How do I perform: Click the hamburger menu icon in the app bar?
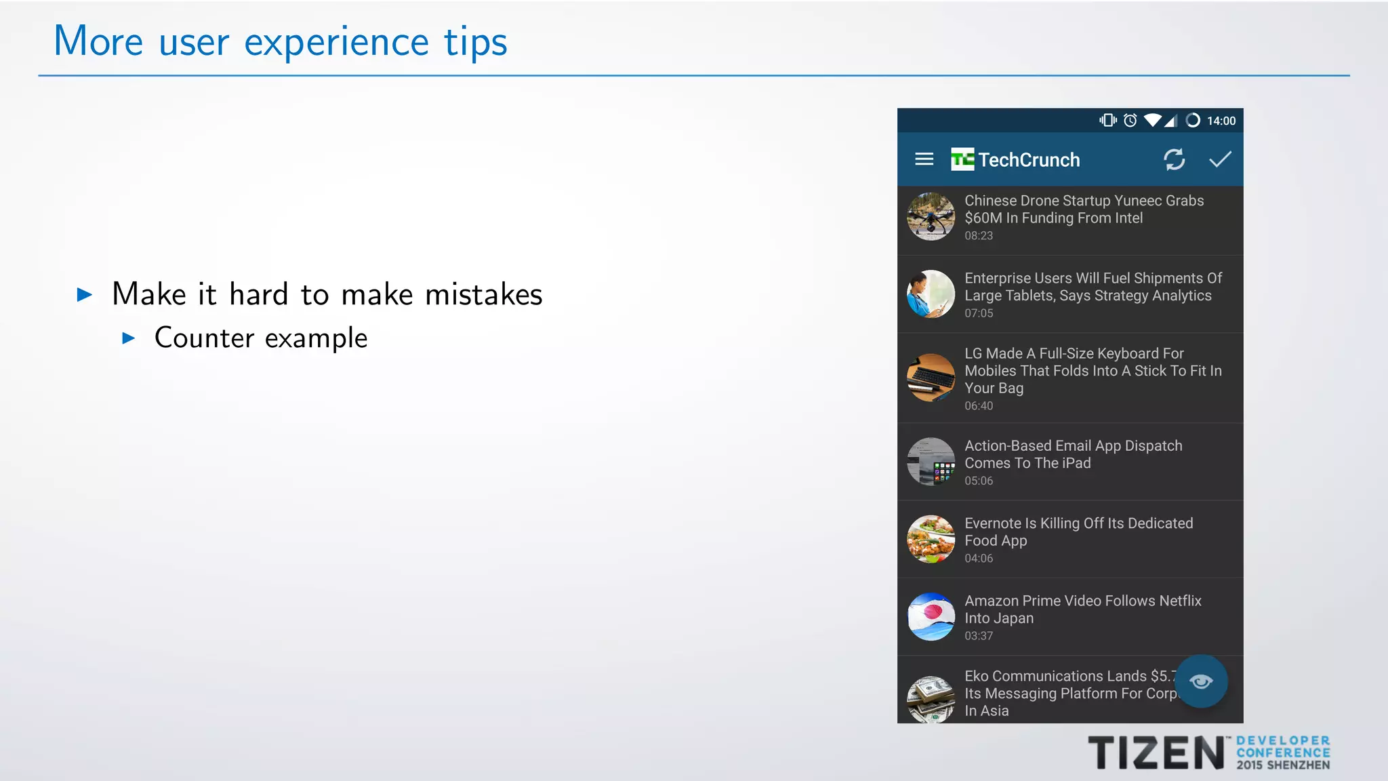coord(924,159)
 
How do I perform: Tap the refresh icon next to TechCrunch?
coord(1174,159)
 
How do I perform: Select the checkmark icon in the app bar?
coord(1220,159)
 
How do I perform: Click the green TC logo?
coord(962,159)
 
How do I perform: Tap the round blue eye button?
coord(1201,681)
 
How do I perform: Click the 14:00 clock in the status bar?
coord(1221,121)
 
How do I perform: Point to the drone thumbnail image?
coord(931,217)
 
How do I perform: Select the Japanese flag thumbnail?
coord(931,617)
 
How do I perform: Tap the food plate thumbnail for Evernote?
coord(931,540)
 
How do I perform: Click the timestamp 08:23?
coord(978,236)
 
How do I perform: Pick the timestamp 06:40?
coord(978,406)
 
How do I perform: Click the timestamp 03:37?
coord(978,636)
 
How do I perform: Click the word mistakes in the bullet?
coord(483,295)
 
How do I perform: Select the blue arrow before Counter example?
coord(129,338)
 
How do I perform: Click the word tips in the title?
coord(475,43)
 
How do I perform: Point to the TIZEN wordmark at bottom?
coord(1156,753)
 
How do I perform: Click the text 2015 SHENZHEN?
coord(1282,765)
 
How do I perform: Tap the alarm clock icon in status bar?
coord(1130,121)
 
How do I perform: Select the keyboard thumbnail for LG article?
coord(931,378)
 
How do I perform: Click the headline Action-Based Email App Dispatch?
coord(1073,446)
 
